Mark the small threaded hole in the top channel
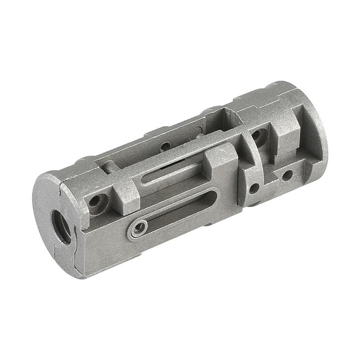coord(165,146)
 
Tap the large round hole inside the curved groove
coord(258,135)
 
